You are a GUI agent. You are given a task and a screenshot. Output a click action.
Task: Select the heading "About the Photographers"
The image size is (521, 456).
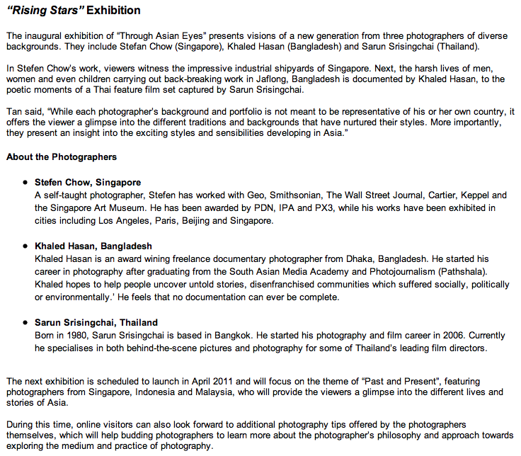[x=62, y=156]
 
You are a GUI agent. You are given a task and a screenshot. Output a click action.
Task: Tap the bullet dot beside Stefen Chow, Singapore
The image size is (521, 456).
[x=26, y=183]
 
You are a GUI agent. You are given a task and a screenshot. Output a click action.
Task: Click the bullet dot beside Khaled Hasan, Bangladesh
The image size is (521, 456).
[x=26, y=246]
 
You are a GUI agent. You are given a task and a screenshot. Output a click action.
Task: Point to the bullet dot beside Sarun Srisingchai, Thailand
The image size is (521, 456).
[x=26, y=323]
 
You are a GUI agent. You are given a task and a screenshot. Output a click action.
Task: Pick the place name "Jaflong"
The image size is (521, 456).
[x=299, y=79]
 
